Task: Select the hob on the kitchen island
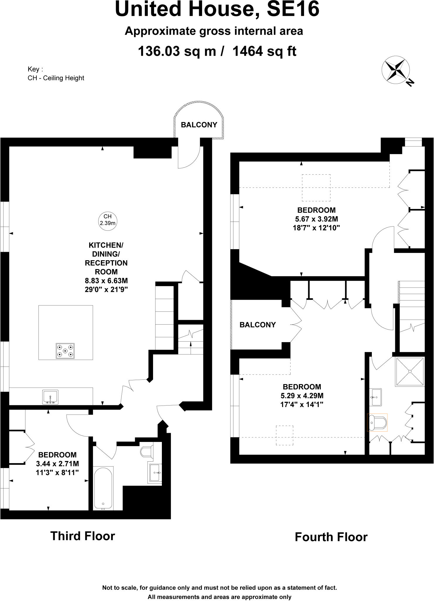coord(65,351)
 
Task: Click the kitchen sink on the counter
coord(50,397)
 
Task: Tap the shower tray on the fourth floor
coord(410,371)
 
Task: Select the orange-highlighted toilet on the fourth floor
coord(377,423)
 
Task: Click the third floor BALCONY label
coord(199,125)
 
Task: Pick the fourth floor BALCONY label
coord(257,325)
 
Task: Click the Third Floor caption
coord(83,536)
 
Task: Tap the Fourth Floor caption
coord(331,537)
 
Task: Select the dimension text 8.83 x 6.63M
coord(106,281)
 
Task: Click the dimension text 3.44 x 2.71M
coord(57,464)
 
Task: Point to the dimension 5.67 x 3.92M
coord(316,219)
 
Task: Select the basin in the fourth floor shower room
coord(376,397)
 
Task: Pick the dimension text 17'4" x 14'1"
coord(302,404)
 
